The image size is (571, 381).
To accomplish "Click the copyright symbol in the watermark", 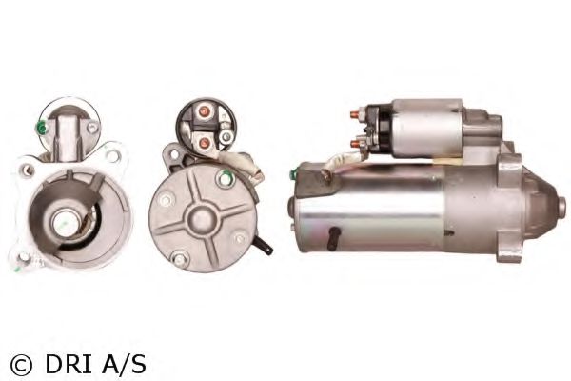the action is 21,365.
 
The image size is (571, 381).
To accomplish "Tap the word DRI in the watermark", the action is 69,365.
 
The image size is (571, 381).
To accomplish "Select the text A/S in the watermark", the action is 124,365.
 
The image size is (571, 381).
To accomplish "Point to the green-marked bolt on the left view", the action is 42,128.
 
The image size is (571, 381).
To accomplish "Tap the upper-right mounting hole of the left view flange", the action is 113,155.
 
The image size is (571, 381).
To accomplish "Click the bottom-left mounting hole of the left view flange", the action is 25,256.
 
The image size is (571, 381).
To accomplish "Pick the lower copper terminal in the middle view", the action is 205,143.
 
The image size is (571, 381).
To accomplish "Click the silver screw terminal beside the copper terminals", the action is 226,136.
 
